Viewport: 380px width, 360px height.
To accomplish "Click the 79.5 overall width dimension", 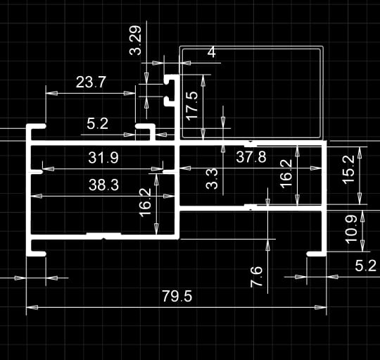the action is point(177,296).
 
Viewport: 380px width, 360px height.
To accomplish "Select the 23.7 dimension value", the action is point(91,82).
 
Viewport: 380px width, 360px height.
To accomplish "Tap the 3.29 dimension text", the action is point(135,40).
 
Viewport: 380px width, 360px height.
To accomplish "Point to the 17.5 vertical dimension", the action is point(192,106).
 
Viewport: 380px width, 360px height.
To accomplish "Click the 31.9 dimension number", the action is point(103,158).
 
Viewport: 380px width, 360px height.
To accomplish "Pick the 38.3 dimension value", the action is point(103,185).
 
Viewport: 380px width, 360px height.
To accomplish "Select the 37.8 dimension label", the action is point(251,157).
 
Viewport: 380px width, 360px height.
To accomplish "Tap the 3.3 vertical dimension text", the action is point(212,179).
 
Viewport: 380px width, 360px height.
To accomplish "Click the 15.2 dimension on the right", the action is point(348,170).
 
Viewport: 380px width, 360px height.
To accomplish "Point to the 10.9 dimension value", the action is point(351,230).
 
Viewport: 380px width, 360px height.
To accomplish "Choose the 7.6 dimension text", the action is point(256,277).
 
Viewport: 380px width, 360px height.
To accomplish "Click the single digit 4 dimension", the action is point(212,52).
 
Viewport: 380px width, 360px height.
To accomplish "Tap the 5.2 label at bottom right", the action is point(366,266).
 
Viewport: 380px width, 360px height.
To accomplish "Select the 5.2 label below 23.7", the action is point(97,124).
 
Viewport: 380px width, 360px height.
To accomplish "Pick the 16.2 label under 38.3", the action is point(145,203).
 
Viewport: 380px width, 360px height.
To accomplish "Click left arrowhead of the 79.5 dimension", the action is point(32,307).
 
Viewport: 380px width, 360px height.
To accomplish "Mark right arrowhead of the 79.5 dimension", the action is point(320,307).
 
